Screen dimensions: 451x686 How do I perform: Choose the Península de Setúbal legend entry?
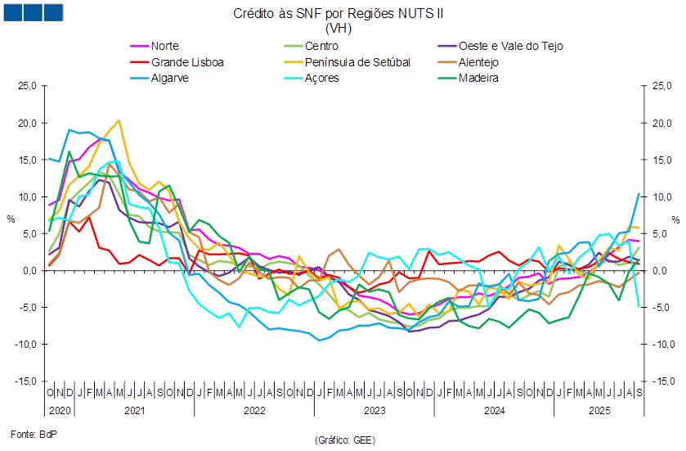356,61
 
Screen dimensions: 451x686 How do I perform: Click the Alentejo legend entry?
479,61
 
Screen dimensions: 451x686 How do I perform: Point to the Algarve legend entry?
169,78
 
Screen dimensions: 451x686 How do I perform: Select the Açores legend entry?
321,78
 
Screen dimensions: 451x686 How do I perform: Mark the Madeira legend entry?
478,78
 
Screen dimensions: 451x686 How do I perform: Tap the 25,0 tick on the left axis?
29,86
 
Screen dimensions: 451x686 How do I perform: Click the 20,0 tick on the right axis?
661,123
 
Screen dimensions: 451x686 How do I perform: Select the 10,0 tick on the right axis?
661,196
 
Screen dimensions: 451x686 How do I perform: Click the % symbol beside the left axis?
10,219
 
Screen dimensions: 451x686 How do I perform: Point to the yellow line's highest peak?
119,121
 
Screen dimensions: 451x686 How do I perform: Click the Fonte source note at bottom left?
26,431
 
